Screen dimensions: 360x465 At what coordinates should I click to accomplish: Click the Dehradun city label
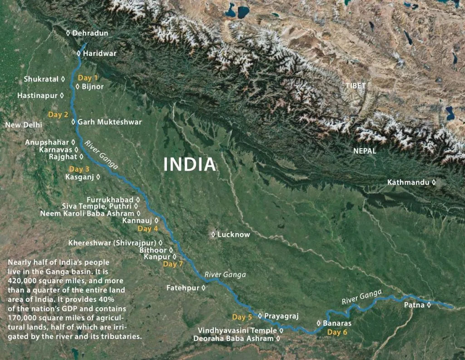(90, 33)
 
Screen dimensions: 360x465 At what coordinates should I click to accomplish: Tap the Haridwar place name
(99, 53)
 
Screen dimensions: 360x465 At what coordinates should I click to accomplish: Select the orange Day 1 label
(88, 78)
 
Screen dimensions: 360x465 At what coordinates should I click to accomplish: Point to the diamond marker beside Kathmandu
(434, 182)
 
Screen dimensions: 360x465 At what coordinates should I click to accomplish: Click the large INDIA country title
(189, 164)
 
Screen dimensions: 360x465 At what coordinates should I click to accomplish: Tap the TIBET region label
(356, 85)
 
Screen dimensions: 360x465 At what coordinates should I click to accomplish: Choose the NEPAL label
(365, 151)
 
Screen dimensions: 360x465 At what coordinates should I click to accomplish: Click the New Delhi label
(24, 125)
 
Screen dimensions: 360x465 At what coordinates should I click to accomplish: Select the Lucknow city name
(233, 235)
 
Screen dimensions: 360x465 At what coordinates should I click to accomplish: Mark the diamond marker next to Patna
(429, 305)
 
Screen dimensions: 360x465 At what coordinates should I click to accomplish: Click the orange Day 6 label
(337, 332)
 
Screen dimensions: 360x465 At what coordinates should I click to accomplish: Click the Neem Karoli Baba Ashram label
(87, 213)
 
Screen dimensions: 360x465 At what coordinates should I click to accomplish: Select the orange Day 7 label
(173, 264)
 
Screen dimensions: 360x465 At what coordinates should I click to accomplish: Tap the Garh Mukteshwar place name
(109, 122)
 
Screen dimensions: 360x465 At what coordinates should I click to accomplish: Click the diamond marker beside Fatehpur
(203, 288)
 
